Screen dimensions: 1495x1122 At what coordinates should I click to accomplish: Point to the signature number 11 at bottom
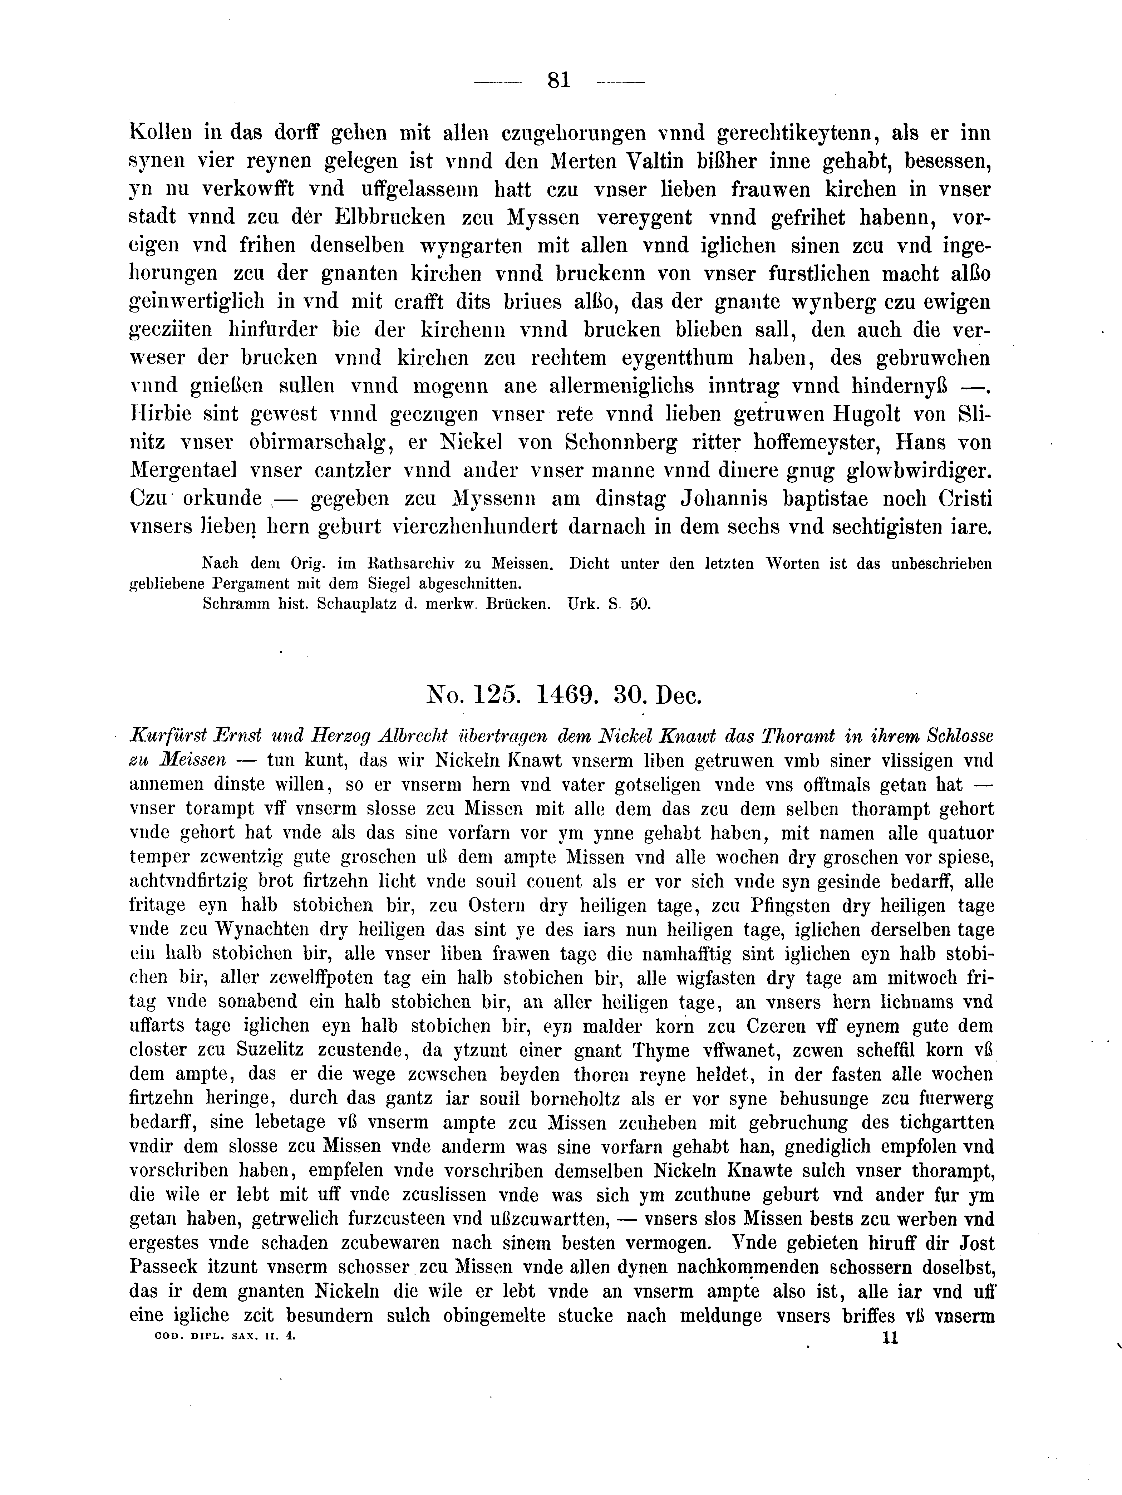[890, 1338]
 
